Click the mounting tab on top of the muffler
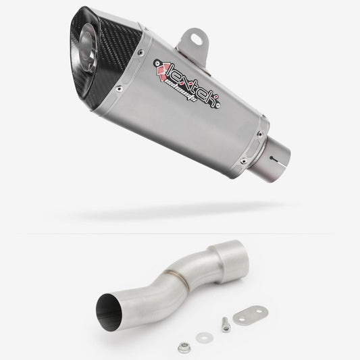point(196,38)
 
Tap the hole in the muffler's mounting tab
point(197,36)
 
